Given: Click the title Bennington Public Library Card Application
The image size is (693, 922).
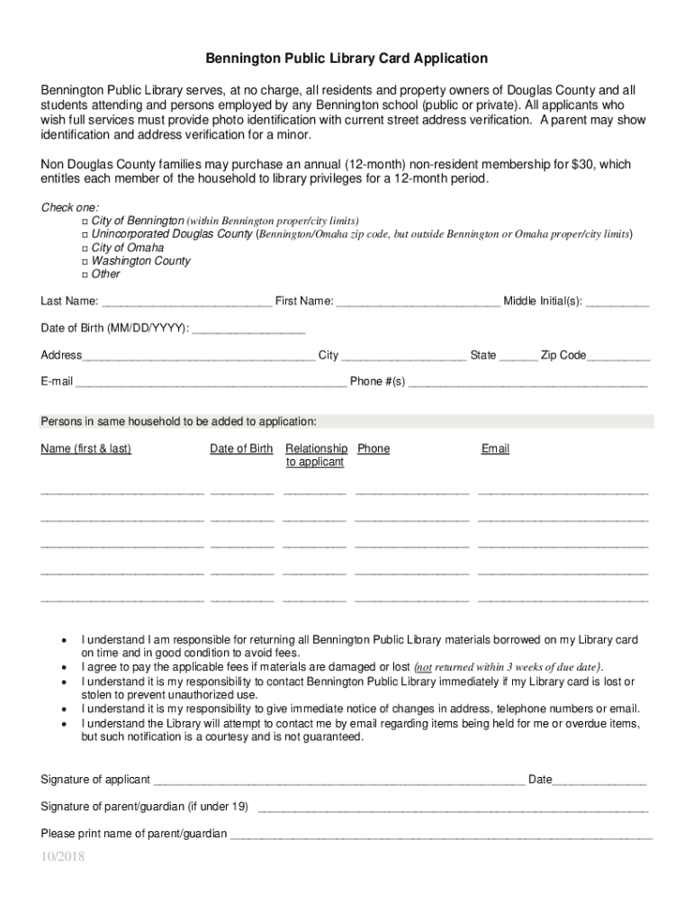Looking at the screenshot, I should [x=346, y=59].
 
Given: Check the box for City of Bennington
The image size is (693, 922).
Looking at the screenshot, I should [x=84, y=221].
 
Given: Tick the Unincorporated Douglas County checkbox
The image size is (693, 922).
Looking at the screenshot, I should [x=84, y=234].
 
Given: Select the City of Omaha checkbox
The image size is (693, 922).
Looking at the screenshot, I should [x=84, y=248].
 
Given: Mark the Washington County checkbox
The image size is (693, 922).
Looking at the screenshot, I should [x=84, y=261].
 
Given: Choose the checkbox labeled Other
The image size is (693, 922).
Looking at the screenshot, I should [x=84, y=275].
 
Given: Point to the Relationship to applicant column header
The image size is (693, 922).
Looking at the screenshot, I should [x=315, y=455].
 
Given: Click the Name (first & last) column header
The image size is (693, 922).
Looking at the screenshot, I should [x=86, y=448].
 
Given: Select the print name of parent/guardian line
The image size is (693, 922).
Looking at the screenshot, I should [x=441, y=836].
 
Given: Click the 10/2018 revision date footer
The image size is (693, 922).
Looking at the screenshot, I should [x=62, y=857].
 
